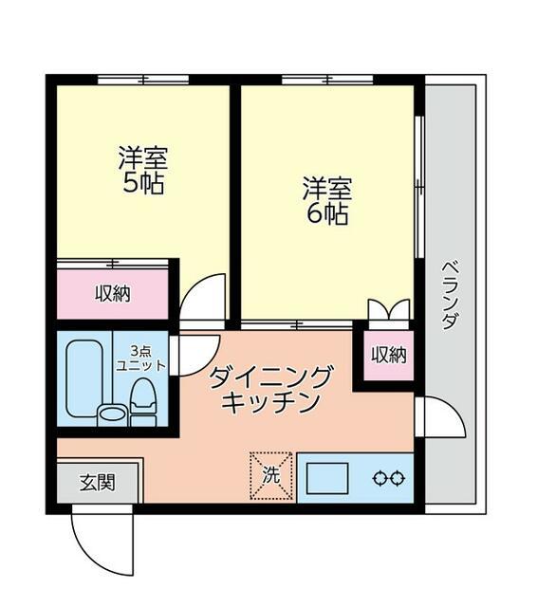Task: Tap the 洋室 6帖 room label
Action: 326,200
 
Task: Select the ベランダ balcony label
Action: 449,293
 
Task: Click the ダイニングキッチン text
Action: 270,389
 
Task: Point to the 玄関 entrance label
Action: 97,482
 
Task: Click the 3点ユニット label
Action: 140,359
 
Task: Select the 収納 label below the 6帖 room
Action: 388,356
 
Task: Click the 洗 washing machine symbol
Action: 271,475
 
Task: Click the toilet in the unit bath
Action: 143,398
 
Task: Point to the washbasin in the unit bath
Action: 111,414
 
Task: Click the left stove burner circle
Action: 380,478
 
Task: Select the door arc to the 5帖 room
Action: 204,296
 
